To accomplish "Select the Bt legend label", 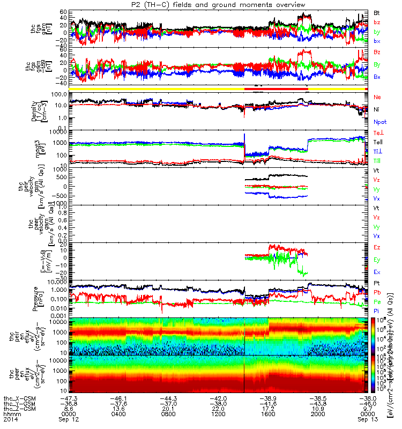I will pyautogui.click(x=377, y=12).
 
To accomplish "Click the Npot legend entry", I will pyautogui.click(x=379, y=122).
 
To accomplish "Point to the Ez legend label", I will pyautogui.click(x=377, y=247).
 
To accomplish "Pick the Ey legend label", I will pyautogui.click(x=377, y=260).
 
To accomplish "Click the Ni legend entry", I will pyautogui.click(x=377, y=109).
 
